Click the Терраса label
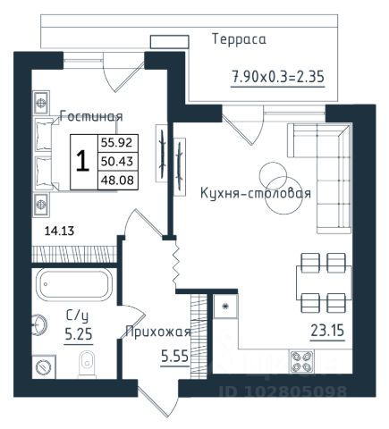tap(239, 39)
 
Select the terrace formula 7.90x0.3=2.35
tap(278, 77)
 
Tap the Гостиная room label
tap(91, 116)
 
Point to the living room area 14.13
tap(59, 231)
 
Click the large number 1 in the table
tap(82, 161)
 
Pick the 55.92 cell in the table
tap(116, 143)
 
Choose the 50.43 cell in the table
tap(117, 162)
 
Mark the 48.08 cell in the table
tap(117, 180)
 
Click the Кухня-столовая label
tap(256, 193)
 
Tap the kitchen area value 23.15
tap(327, 331)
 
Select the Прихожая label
tap(158, 332)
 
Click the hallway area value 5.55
tap(175, 356)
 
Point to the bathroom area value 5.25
tap(79, 334)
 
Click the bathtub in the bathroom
tap(74, 284)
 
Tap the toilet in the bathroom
tap(87, 364)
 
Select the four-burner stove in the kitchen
tap(301, 362)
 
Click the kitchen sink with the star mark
tap(225, 307)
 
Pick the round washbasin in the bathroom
tap(38, 325)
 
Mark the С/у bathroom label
tap(77, 315)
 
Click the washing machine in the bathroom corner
tap(44, 366)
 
